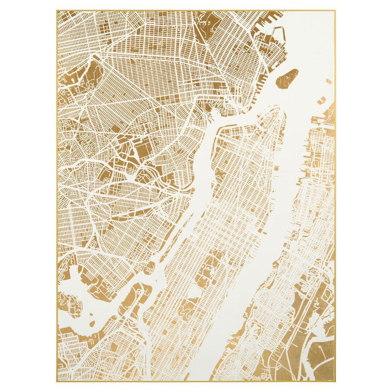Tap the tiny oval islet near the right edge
[328, 82]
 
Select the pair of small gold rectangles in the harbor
[320, 101]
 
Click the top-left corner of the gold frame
[57, 11]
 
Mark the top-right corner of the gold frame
[335, 11]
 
